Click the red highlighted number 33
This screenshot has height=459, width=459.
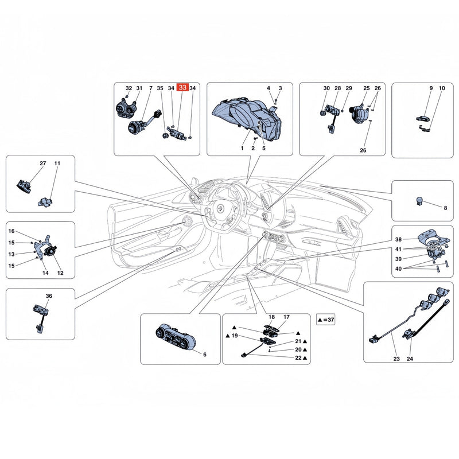pyautogui.click(x=182, y=87)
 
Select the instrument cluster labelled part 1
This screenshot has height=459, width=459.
pyautogui.click(x=247, y=119)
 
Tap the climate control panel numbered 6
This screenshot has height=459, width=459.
pyautogui.click(x=175, y=337)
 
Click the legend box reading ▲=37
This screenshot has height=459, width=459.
pyautogui.click(x=325, y=320)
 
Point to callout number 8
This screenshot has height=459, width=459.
pyautogui.click(x=445, y=208)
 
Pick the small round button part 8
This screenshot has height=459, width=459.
pyautogui.click(x=420, y=200)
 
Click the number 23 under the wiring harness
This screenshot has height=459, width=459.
pyautogui.click(x=396, y=359)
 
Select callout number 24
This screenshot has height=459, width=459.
pyautogui.click(x=410, y=359)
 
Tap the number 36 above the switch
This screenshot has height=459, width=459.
pyautogui.click(x=49, y=296)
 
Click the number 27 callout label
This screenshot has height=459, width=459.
pyautogui.click(x=42, y=164)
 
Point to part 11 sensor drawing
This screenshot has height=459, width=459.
pyautogui.click(x=45, y=202)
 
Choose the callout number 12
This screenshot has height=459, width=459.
pyautogui.click(x=60, y=273)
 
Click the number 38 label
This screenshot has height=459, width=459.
pyautogui.click(x=398, y=239)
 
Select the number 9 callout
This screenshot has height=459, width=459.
pyautogui.click(x=431, y=88)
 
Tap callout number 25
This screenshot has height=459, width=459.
pyautogui.click(x=367, y=88)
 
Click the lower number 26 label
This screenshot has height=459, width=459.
pyautogui.click(x=363, y=150)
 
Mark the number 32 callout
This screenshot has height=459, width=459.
pyautogui.click(x=129, y=88)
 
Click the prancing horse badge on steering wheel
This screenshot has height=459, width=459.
pyautogui.click(x=220, y=208)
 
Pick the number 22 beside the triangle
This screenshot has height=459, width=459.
pyautogui.click(x=298, y=357)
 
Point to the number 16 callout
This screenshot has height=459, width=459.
pyautogui.click(x=11, y=231)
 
